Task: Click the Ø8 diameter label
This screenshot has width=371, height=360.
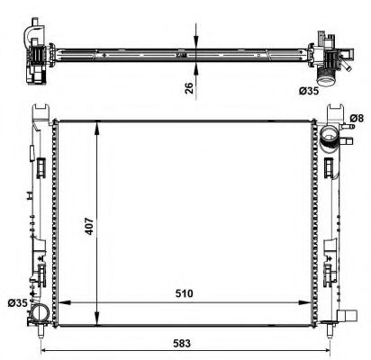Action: (356, 119)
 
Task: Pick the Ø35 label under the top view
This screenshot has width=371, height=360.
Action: (336, 90)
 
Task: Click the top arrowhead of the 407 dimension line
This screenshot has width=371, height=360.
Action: (96, 123)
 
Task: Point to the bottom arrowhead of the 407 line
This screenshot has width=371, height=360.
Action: (96, 314)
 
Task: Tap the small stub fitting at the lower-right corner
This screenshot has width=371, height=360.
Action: (347, 315)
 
